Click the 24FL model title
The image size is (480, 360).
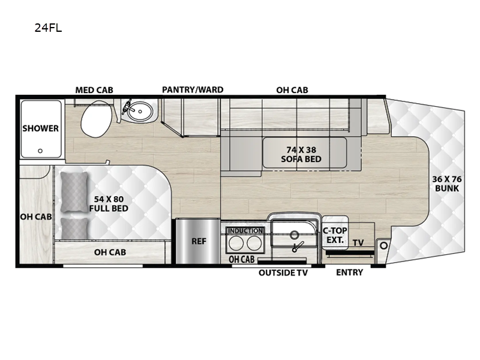pos(48,28)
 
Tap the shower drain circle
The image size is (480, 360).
pos(40,151)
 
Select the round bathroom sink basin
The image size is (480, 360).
pos(140,112)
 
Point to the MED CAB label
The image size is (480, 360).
pos(94,90)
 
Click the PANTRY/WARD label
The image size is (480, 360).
pos(193,89)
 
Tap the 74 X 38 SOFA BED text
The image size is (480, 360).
pos(301,154)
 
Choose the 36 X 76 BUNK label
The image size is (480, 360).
pos(447,184)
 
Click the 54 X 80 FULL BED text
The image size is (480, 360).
pos(109,203)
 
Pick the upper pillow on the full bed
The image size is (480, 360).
pos(74,192)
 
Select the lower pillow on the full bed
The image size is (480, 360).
pos(74,229)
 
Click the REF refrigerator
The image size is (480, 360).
pos(198,241)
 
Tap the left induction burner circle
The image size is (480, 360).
pos(235,244)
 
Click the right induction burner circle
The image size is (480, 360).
pos(254,244)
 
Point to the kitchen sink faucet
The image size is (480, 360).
pos(298,247)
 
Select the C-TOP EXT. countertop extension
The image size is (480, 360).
pos(335,233)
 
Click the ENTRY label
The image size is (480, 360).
pos(350,272)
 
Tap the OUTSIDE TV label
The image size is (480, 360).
pos(283,273)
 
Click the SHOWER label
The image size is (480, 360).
pos(40,128)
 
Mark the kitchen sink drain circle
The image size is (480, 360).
pos(294,235)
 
